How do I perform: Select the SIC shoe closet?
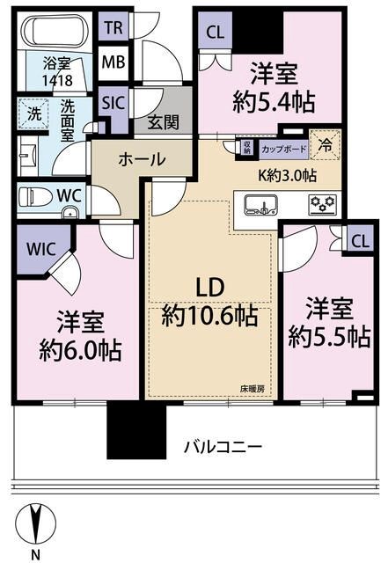[x=112, y=102]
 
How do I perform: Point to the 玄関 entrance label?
[x=164, y=123]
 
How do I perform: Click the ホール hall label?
[x=141, y=159]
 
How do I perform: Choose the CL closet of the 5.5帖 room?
[x=359, y=240]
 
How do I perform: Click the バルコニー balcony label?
[x=223, y=447]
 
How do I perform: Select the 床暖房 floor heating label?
[x=255, y=387]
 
